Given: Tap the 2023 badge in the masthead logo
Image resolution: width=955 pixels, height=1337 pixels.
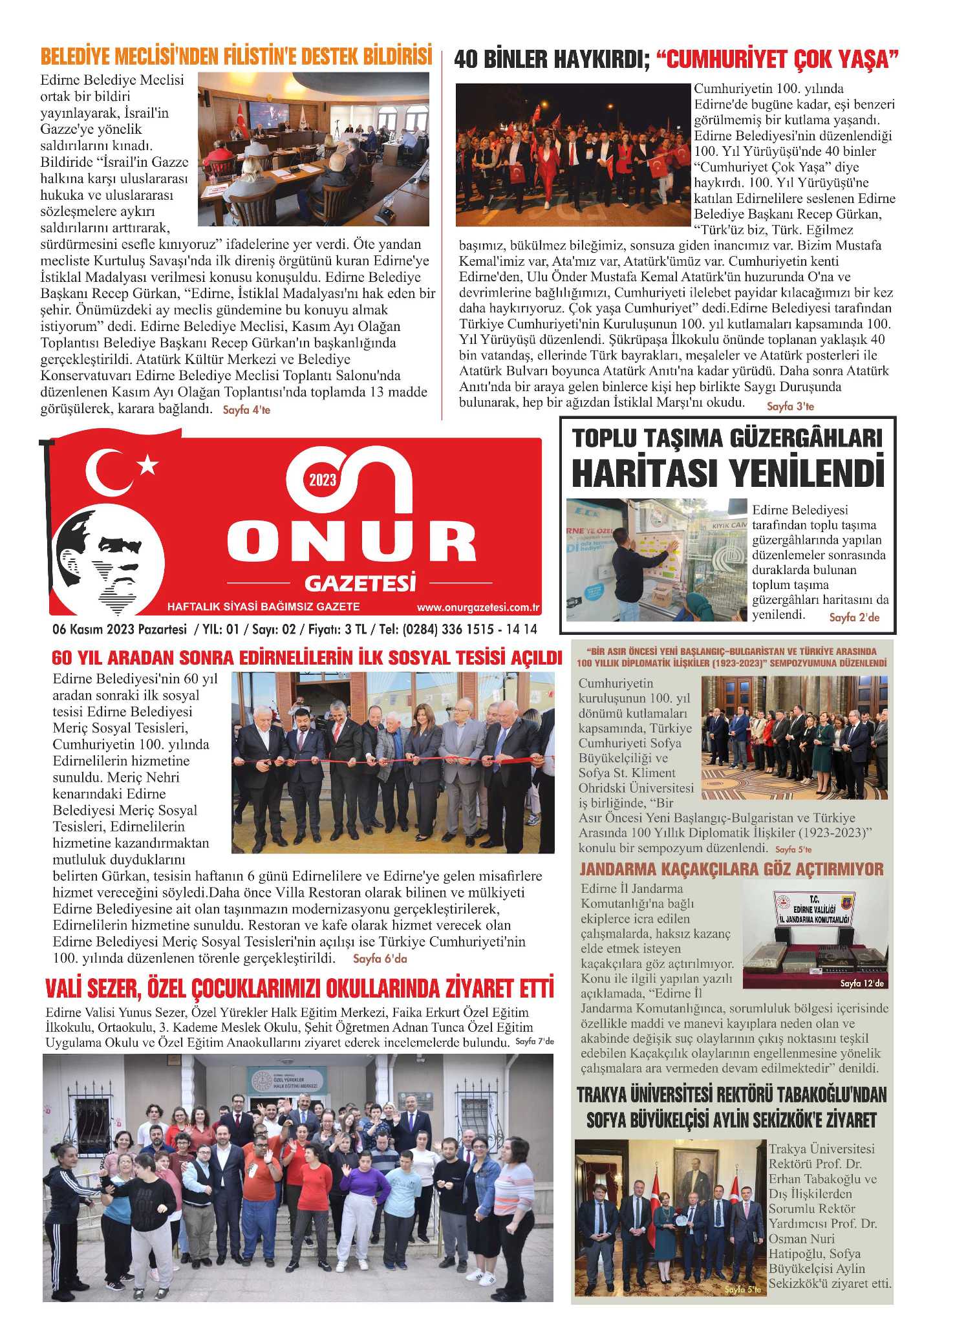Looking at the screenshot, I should coord(323,479).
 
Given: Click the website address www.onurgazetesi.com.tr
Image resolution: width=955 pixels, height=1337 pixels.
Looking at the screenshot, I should coord(478,607).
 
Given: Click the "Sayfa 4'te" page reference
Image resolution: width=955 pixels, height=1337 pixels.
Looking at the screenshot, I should coord(246,410).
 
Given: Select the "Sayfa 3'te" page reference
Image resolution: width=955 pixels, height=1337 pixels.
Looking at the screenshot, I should coord(790,406).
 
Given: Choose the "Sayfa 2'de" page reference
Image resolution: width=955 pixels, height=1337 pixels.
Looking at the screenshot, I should coord(854,617).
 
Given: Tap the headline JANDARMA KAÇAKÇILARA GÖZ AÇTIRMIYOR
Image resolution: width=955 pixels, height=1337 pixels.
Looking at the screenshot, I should coord(731,869).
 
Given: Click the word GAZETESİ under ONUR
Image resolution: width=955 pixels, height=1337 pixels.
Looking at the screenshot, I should coord(359,583).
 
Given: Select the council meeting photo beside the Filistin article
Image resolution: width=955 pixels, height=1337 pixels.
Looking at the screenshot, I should coord(313,149).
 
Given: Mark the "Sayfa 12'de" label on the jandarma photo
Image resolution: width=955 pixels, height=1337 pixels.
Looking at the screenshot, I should coord(861,983).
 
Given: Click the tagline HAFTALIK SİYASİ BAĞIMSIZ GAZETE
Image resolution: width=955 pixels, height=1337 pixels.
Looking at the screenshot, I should coord(263,607).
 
